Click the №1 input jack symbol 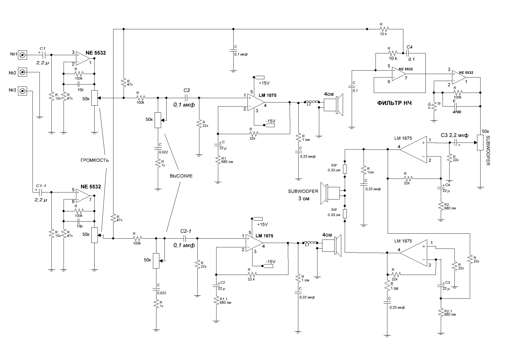point(23,55)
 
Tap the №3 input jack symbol point(23,91)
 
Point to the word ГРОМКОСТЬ point(95,160)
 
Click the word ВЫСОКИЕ point(181,176)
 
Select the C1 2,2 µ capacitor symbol point(44,55)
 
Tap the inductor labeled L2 point(312,102)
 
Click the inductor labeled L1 point(310,243)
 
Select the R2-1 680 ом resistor point(441,313)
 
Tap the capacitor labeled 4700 point(455,107)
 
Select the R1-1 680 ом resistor point(216,300)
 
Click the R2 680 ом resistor point(441,206)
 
